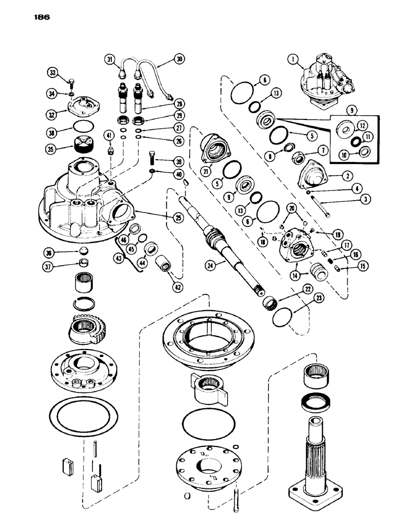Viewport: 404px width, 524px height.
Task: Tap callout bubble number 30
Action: tap(179, 60)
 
